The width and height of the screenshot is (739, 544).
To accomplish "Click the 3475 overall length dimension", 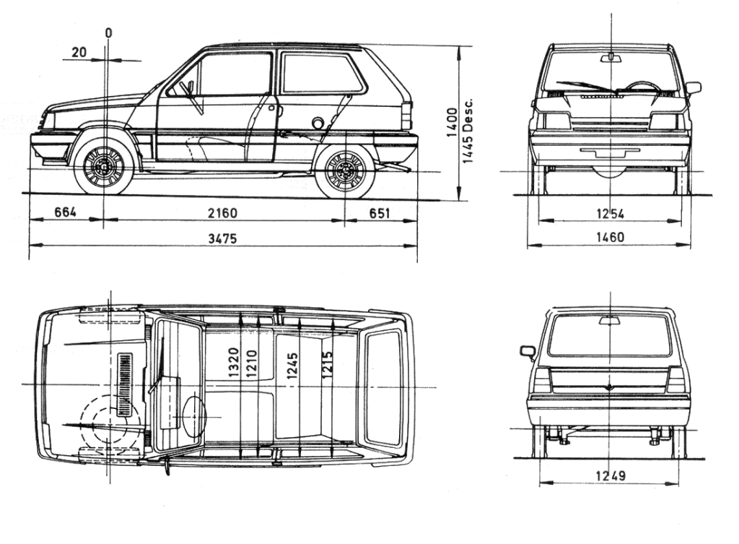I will (223, 238).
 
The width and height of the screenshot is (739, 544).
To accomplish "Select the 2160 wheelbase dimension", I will (223, 213).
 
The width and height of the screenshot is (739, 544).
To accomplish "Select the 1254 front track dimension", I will (610, 213).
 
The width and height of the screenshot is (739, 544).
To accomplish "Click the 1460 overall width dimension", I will (610, 237).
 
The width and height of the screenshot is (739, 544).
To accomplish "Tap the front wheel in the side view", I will (104, 165).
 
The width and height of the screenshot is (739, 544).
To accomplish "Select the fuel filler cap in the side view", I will (318, 123).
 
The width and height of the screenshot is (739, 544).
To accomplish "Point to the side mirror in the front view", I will (693, 88).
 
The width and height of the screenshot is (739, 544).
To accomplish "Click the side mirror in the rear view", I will (528, 352).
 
